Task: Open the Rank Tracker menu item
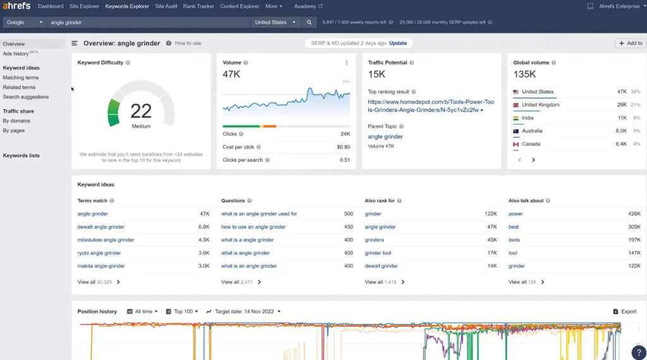(198, 6)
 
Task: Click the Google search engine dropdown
(25, 22)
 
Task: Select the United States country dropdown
(275, 22)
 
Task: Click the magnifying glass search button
(309, 22)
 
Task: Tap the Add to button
(631, 43)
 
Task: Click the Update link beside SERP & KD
(398, 43)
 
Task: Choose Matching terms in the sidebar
(21, 78)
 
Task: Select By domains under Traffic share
(16, 121)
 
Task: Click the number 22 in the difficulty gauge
(141, 111)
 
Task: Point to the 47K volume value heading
(231, 75)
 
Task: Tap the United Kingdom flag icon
(516, 105)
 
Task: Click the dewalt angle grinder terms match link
(101, 227)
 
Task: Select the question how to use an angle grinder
(253, 227)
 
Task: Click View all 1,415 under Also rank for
(385, 282)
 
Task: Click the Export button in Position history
(625, 311)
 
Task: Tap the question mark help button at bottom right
(639, 352)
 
